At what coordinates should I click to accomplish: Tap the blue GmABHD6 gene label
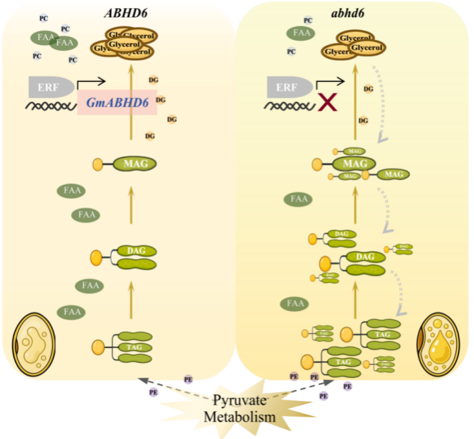pyautogui.click(x=117, y=102)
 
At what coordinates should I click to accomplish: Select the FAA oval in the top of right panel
pyautogui.click(x=300, y=32)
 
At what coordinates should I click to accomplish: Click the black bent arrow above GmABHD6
pyautogui.click(x=92, y=83)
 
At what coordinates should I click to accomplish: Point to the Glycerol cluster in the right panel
pyautogui.click(x=354, y=45)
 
